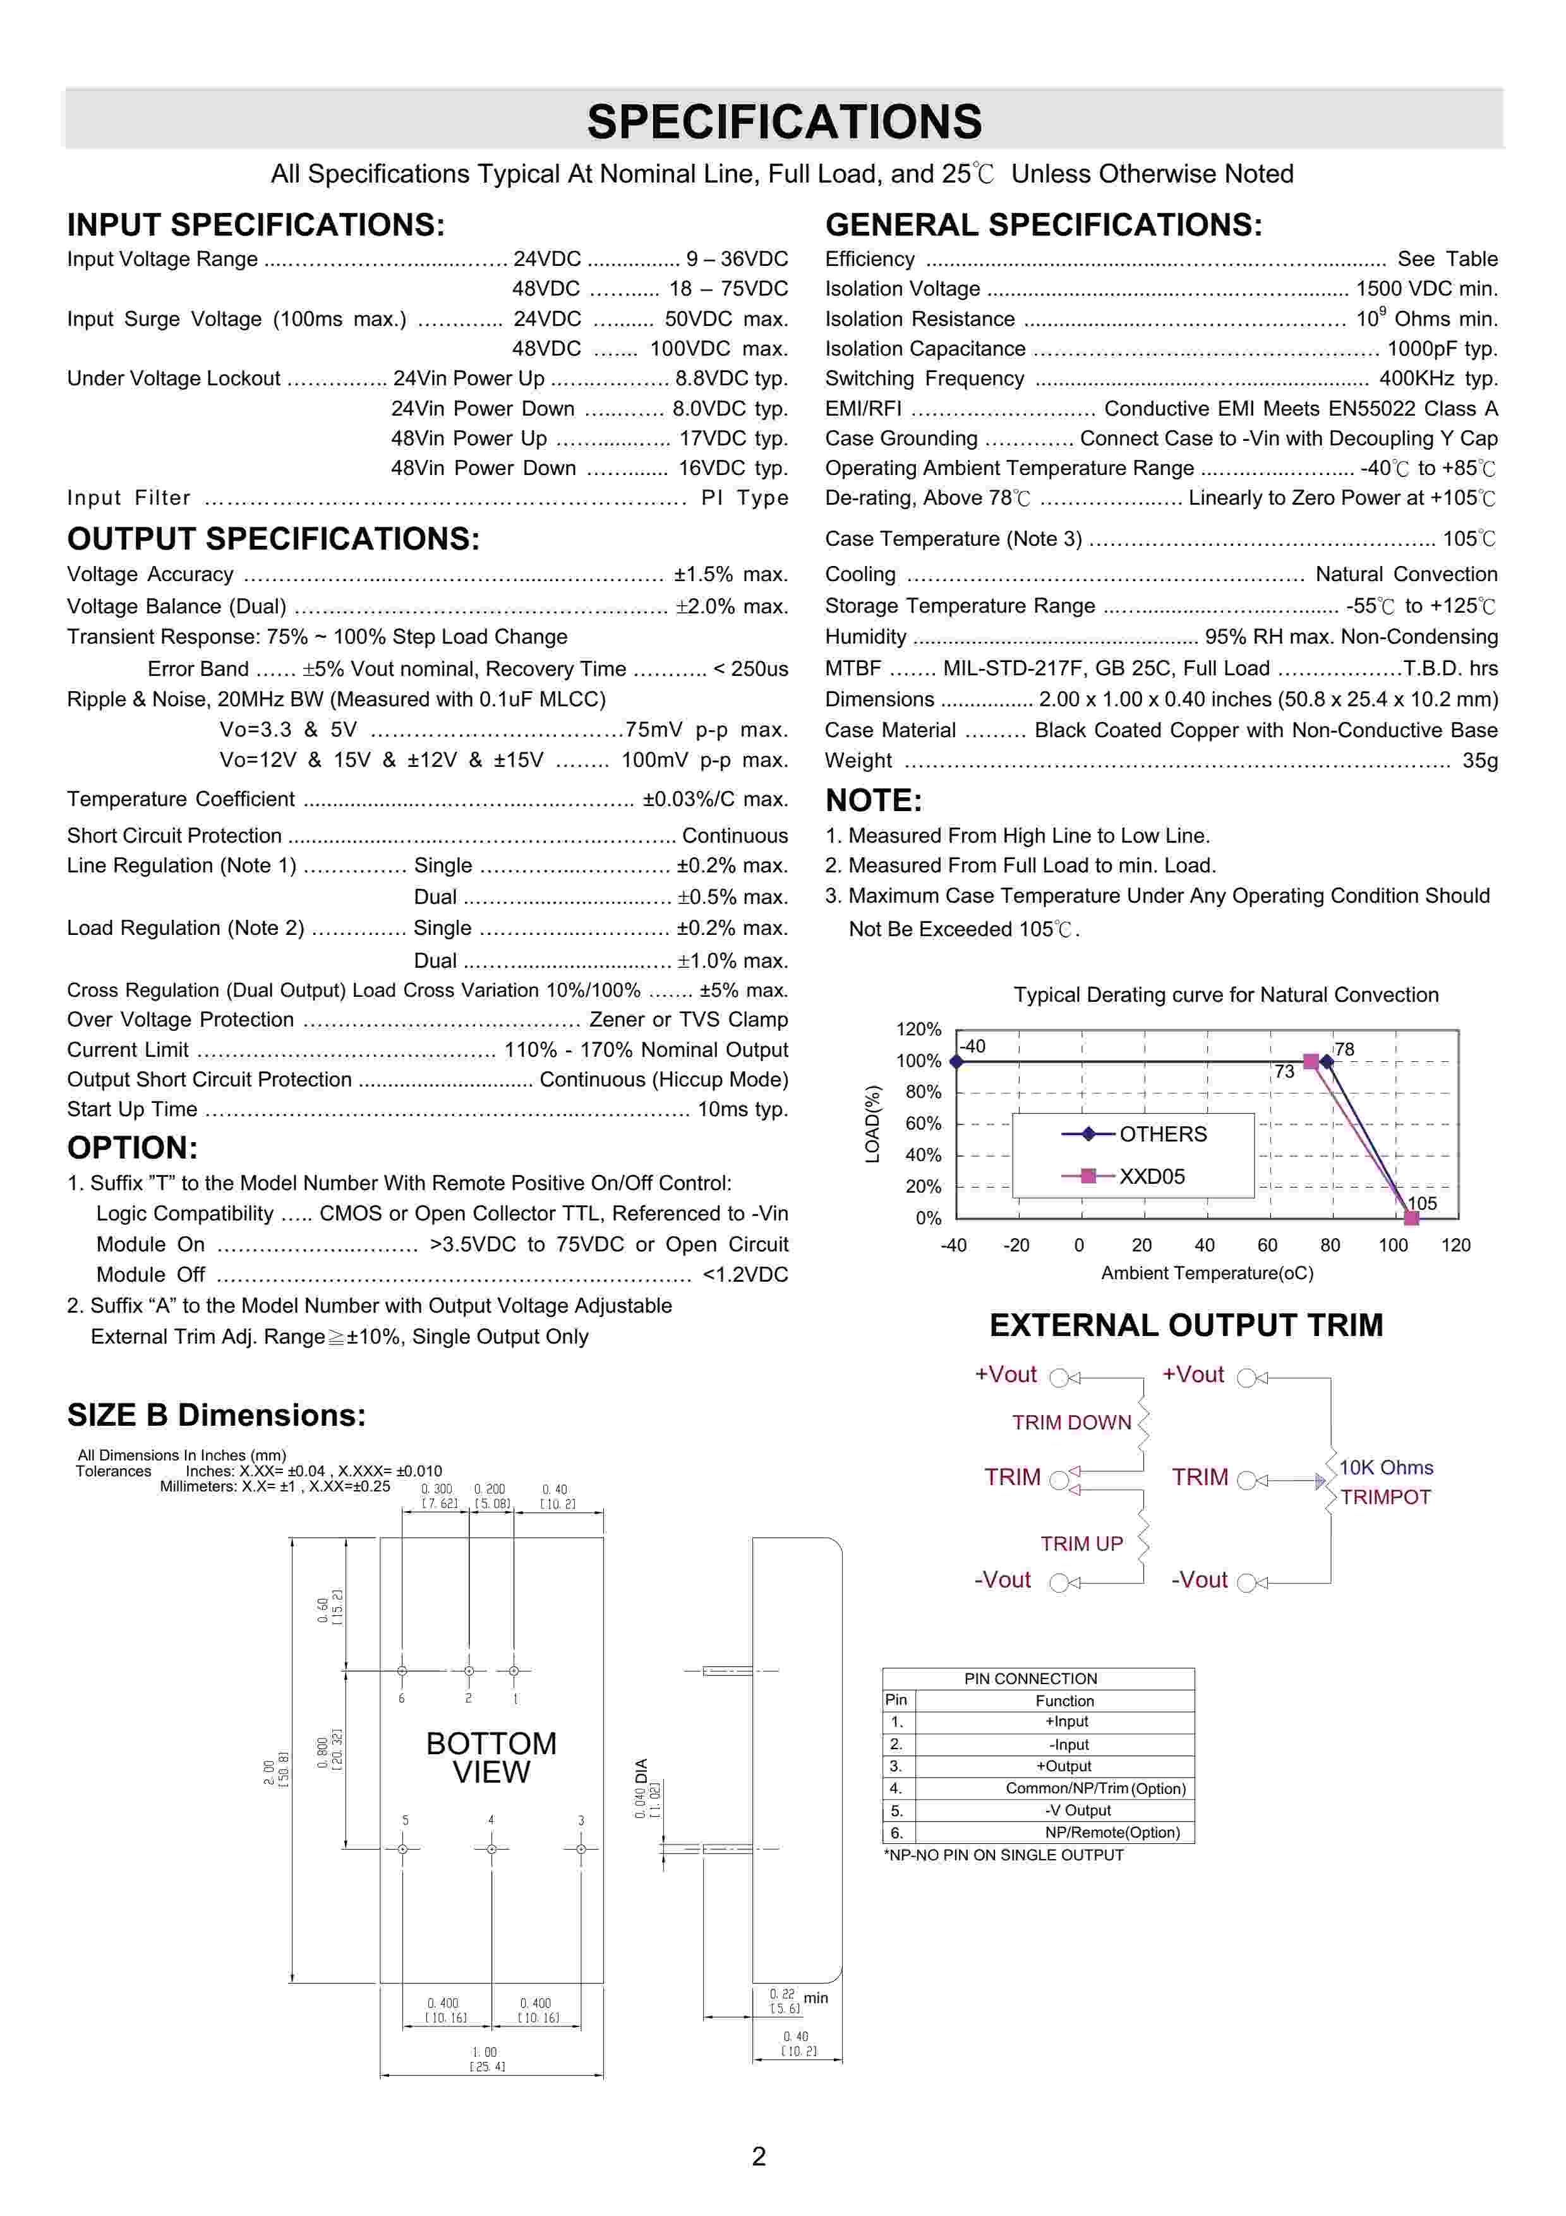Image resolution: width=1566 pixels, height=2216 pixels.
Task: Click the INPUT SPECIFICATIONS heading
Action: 256,225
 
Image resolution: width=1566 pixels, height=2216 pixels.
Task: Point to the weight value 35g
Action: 1479,761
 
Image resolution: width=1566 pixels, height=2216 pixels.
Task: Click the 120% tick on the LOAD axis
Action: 918,1029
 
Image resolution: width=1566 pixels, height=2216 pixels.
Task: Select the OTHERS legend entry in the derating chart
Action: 1162,1134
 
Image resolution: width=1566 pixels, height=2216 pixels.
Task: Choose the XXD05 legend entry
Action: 1151,1176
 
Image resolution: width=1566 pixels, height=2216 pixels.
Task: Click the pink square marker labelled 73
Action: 1310,1062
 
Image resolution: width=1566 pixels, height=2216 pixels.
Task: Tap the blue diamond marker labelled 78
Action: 1327,1062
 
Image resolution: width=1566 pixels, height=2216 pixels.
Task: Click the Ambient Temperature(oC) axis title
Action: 1207,1273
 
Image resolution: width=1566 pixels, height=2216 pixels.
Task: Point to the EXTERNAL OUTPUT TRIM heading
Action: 1186,1325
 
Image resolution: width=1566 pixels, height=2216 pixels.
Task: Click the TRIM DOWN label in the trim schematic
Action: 1071,1423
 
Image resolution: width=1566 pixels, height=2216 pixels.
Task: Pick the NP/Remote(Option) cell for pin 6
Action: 1112,1832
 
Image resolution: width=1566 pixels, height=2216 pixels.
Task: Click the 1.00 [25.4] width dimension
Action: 485,2059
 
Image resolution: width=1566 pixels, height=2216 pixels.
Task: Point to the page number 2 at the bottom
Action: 759,2156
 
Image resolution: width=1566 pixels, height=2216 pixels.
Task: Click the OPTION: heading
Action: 132,1148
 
